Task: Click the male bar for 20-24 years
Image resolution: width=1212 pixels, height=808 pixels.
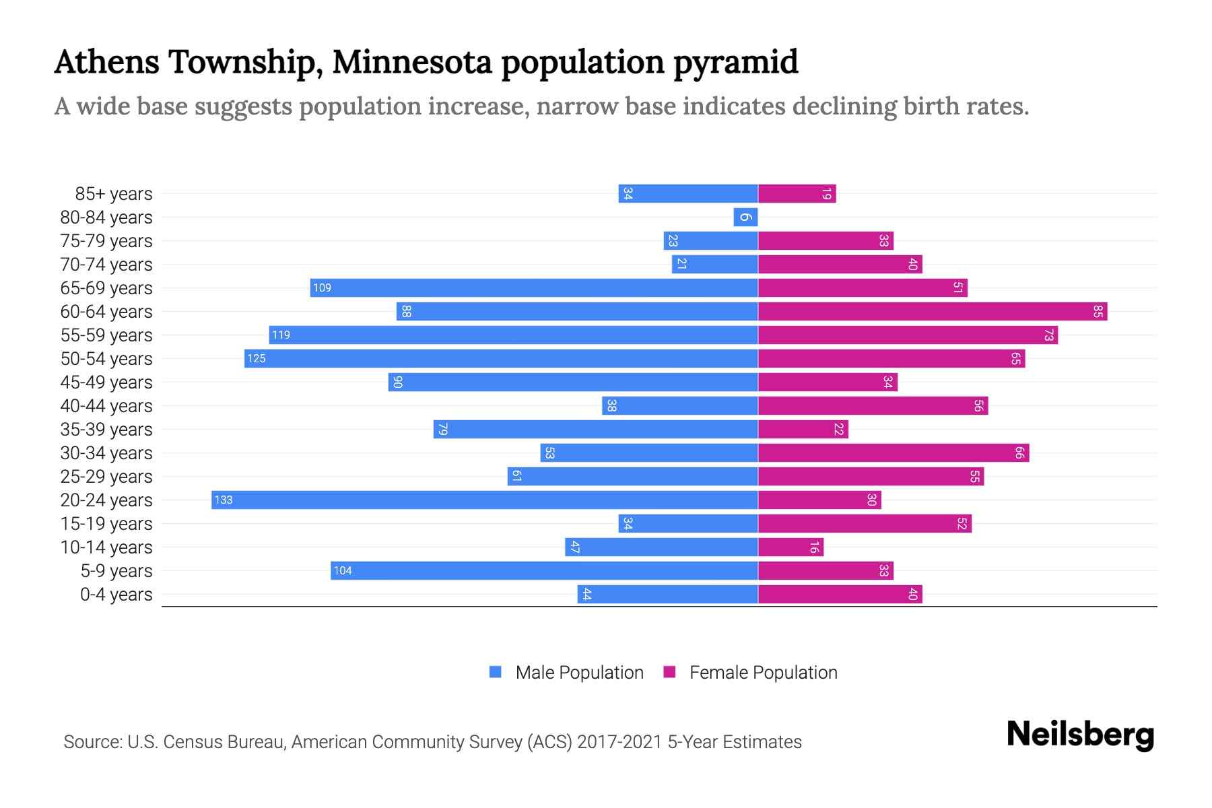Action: click(x=485, y=500)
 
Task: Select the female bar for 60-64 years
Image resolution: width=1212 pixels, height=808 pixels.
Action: click(x=933, y=311)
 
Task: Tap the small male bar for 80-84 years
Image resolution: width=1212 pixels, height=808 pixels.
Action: click(x=745, y=217)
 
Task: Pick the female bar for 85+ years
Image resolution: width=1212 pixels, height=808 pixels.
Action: click(x=797, y=194)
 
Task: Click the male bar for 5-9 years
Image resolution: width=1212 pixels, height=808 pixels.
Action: click(x=544, y=570)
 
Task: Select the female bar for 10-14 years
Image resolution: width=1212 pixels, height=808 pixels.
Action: click(x=790, y=547)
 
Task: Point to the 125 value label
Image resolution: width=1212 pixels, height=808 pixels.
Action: click(x=257, y=358)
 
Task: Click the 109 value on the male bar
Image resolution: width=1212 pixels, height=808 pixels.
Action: click(x=322, y=288)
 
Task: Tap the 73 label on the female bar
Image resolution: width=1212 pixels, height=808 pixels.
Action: click(x=1048, y=335)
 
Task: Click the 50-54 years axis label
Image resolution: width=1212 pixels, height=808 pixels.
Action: click(x=106, y=359)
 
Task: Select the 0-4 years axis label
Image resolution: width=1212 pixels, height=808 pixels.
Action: click(x=116, y=595)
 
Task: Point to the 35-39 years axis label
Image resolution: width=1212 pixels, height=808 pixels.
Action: click(x=106, y=430)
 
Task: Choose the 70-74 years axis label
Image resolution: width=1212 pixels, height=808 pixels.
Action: click(x=106, y=265)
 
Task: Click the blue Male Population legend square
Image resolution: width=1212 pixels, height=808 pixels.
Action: click(x=496, y=672)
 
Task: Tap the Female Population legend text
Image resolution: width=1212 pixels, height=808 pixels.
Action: click(x=763, y=673)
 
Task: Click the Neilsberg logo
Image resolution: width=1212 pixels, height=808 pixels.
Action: click(x=1080, y=735)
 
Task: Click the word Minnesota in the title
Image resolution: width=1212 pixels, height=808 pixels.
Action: click(x=412, y=62)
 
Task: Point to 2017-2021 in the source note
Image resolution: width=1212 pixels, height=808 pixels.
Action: click(x=619, y=742)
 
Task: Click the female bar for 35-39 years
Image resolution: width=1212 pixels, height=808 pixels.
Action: click(x=803, y=429)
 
